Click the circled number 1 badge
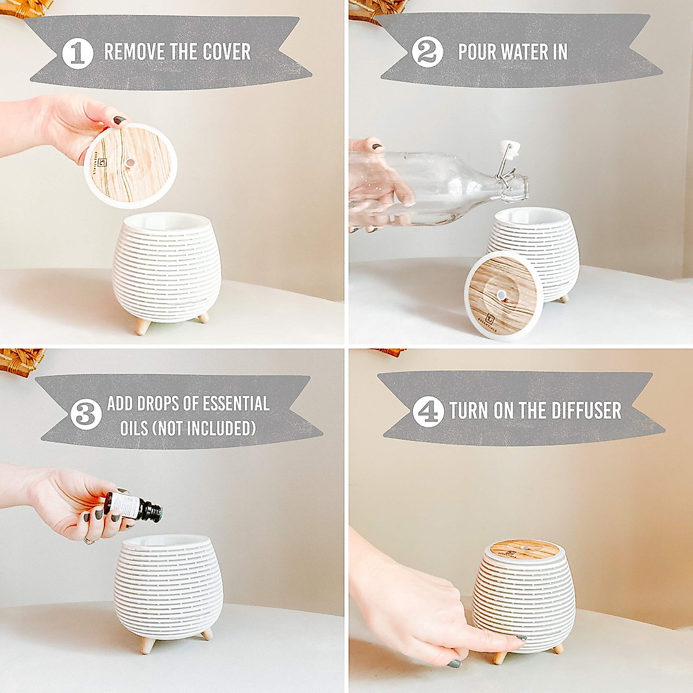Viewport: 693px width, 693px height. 77,53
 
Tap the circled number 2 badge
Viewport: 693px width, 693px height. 427,53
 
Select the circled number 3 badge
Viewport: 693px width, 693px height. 86,415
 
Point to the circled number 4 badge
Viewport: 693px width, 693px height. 428,411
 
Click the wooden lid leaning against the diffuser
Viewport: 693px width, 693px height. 500,295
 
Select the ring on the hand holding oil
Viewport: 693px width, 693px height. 88,540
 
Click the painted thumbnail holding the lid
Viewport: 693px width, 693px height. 120,121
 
